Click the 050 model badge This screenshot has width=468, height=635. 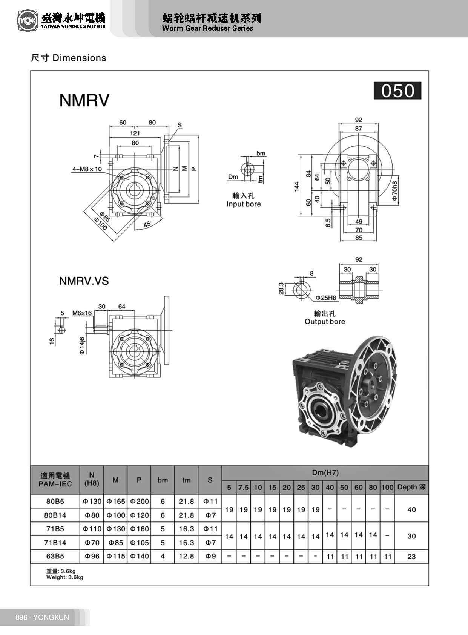click(397, 91)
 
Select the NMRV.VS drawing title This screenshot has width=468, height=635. click(84, 281)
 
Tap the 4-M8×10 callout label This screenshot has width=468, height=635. click(87, 169)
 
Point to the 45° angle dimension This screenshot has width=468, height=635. click(147, 224)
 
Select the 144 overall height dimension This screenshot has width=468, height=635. click(296, 186)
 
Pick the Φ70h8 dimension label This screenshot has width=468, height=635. click(394, 191)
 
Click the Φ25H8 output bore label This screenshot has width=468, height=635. click(325, 298)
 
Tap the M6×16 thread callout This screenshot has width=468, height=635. click(82, 313)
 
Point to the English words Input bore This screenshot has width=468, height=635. click(243, 204)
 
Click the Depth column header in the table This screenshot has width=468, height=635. click(411, 487)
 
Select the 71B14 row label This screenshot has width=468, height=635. click(55, 543)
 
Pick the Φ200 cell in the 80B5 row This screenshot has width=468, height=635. click(139, 502)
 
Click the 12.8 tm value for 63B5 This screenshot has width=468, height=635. click(186, 556)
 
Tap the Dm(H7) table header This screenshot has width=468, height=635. click(325, 472)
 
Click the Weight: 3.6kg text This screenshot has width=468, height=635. click(64, 577)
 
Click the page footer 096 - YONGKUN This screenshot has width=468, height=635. click(42, 617)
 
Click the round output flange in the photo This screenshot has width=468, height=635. click(373, 385)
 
